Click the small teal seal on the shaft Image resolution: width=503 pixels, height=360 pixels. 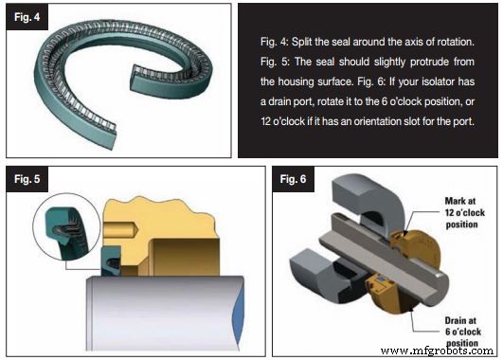coord(113,261)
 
